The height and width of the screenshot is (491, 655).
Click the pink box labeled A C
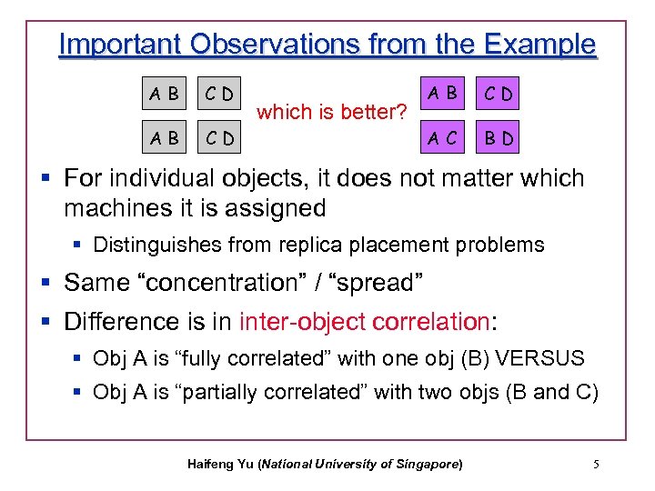tap(444, 138)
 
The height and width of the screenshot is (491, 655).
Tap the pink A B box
tap(444, 93)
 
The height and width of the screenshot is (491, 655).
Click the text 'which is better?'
tap(330, 113)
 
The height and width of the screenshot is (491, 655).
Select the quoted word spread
tap(378, 283)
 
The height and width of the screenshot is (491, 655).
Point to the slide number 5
tap(596, 465)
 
